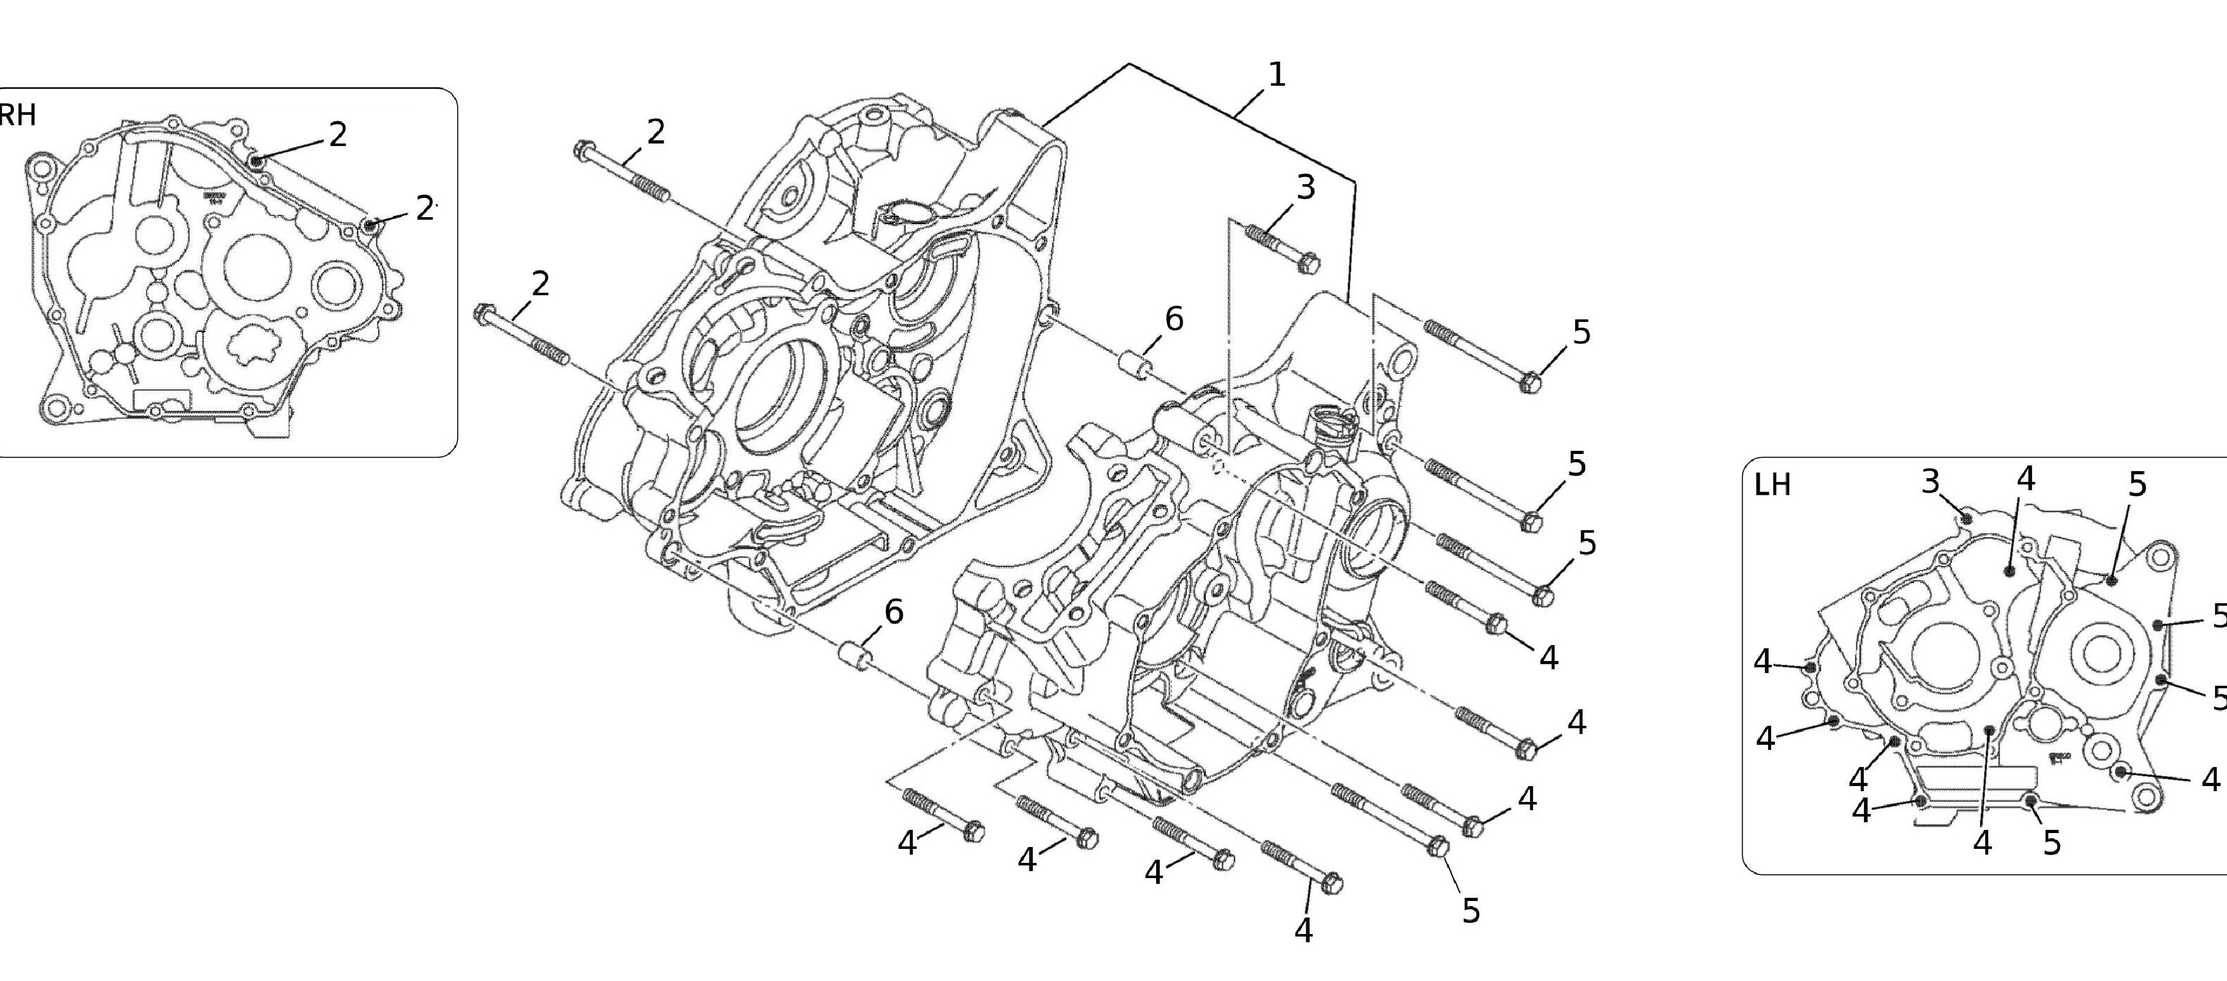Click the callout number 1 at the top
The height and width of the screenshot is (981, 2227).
tap(1276, 75)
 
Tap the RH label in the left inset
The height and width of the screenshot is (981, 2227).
tap(17, 114)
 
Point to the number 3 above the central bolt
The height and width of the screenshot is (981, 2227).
tap(1305, 187)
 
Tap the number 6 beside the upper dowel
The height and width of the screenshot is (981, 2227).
tap(1173, 320)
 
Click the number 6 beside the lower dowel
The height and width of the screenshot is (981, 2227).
tap(893, 613)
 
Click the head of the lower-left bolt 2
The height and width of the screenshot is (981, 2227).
tap(483, 313)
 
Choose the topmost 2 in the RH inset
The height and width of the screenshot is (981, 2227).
tap(338, 134)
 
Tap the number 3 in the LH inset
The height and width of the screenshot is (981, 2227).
tap(1931, 481)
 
